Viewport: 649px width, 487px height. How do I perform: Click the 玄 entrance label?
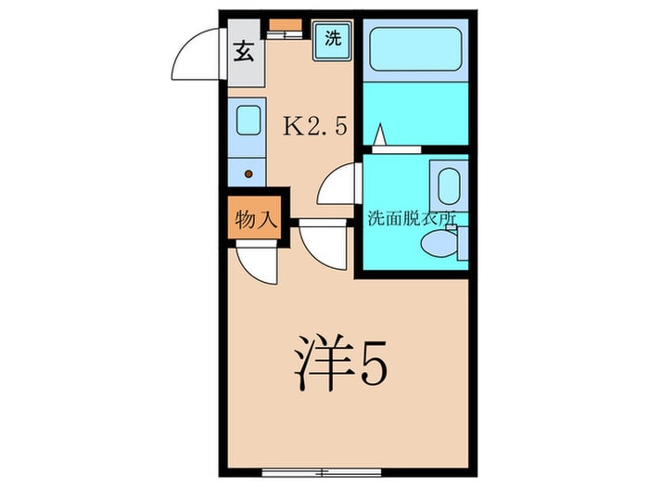coord(243,51)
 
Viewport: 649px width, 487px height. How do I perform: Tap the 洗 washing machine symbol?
coord(332,40)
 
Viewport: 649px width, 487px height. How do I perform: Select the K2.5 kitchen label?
coord(314,127)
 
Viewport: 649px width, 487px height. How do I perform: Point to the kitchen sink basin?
coord(246,121)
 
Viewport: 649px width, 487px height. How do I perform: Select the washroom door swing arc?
coord(337,186)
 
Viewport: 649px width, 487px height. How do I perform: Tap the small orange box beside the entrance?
coord(285,25)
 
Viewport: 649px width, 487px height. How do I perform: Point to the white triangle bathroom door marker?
coord(379,136)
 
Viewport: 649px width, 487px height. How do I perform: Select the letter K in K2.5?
coord(292,127)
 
